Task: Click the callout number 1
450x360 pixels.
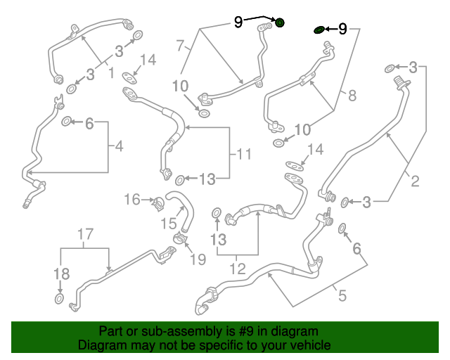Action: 111,72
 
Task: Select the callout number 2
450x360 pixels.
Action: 415,181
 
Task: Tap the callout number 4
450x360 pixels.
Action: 119,146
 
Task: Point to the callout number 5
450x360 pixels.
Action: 342,295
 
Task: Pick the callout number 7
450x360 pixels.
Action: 180,46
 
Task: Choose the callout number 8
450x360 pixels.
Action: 352,96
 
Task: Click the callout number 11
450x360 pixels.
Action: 244,154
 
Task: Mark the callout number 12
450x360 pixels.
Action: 238,269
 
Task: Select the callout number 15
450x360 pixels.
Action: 169,224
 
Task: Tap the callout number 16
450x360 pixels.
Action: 132,199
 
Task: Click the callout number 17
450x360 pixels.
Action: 86,234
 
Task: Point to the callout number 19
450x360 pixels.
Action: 198,259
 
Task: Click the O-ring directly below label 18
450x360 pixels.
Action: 59,299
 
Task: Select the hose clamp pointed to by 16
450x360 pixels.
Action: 158,203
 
